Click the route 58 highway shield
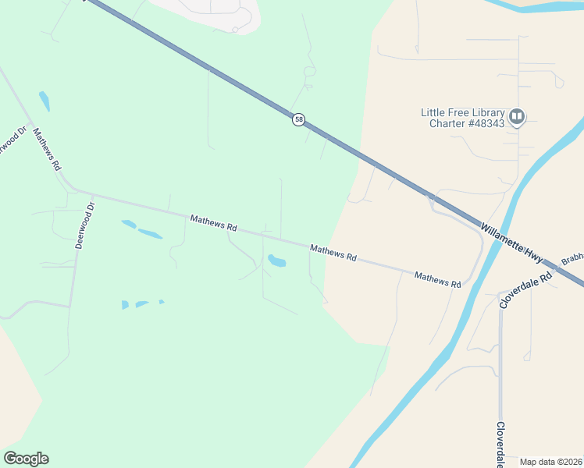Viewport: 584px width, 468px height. click(298, 120)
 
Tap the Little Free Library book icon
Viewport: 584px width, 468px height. click(516, 117)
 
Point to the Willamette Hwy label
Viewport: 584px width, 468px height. click(511, 243)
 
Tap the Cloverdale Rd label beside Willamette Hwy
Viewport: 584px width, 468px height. click(525, 289)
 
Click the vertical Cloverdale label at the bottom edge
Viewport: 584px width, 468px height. click(500, 445)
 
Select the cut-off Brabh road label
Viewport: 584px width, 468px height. click(572, 258)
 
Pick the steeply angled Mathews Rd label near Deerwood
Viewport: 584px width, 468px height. click(47, 149)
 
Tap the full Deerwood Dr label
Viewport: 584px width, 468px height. click(84, 225)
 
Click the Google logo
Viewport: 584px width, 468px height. click(26, 459)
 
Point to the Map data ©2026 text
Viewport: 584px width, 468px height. click(550, 462)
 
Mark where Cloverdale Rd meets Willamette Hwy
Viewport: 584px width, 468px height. click(556, 264)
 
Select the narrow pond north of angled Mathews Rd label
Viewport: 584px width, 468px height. click(44, 101)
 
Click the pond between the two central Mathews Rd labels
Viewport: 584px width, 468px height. click(276, 261)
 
